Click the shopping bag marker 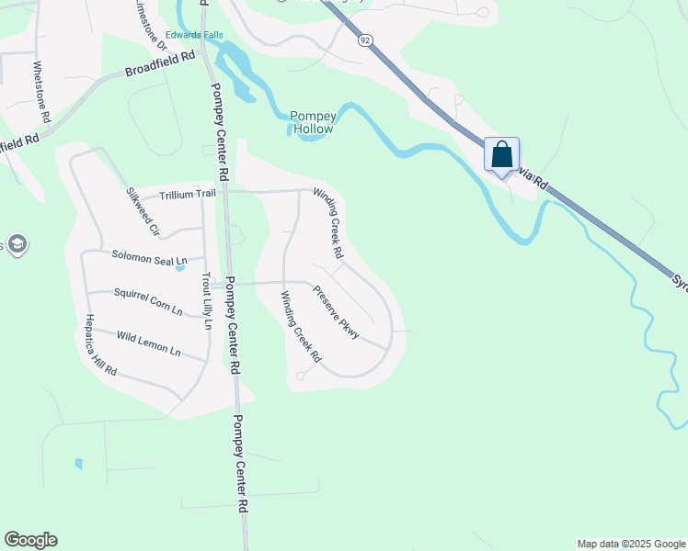pyautogui.click(x=501, y=155)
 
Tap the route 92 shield pyautogui.click(x=365, y=40)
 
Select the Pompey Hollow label pyautogui.click(x=311, y=122)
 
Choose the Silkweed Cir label pyautogui.click(x=143, y=212)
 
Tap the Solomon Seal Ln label pyautogui.click(x=149, y=258)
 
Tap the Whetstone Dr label pyautogui.click(x=40, y=93)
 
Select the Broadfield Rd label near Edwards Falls pyautogui.click(x=161, y=63)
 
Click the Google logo pyautogui.click(x=30, y=540)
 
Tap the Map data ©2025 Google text pyautogui.click(x=631, y=544)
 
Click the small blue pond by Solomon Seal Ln pyautogui.click(x=180, y=268)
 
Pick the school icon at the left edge pyautogui.click(x=17, y=244)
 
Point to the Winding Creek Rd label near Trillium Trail pyautogui.click(x=328, y=223)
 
